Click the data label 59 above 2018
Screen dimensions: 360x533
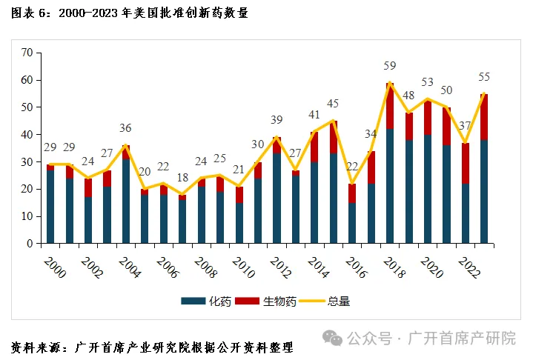[x=390, y=65]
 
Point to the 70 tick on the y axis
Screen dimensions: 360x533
[x=28, y=53]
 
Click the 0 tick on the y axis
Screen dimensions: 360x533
[x=31, y=244]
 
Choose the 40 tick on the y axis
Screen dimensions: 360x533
[x=28, y=135]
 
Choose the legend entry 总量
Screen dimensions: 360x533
[x=339, y=301]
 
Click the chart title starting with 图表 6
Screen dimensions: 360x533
[x=130, y=13]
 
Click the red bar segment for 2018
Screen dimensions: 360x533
[x=390, y=105]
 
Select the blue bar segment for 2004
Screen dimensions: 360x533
[x=126, y=201]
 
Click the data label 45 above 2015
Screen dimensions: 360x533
[x=333, y=104]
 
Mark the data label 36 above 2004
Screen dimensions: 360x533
[x=126, y=128]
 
